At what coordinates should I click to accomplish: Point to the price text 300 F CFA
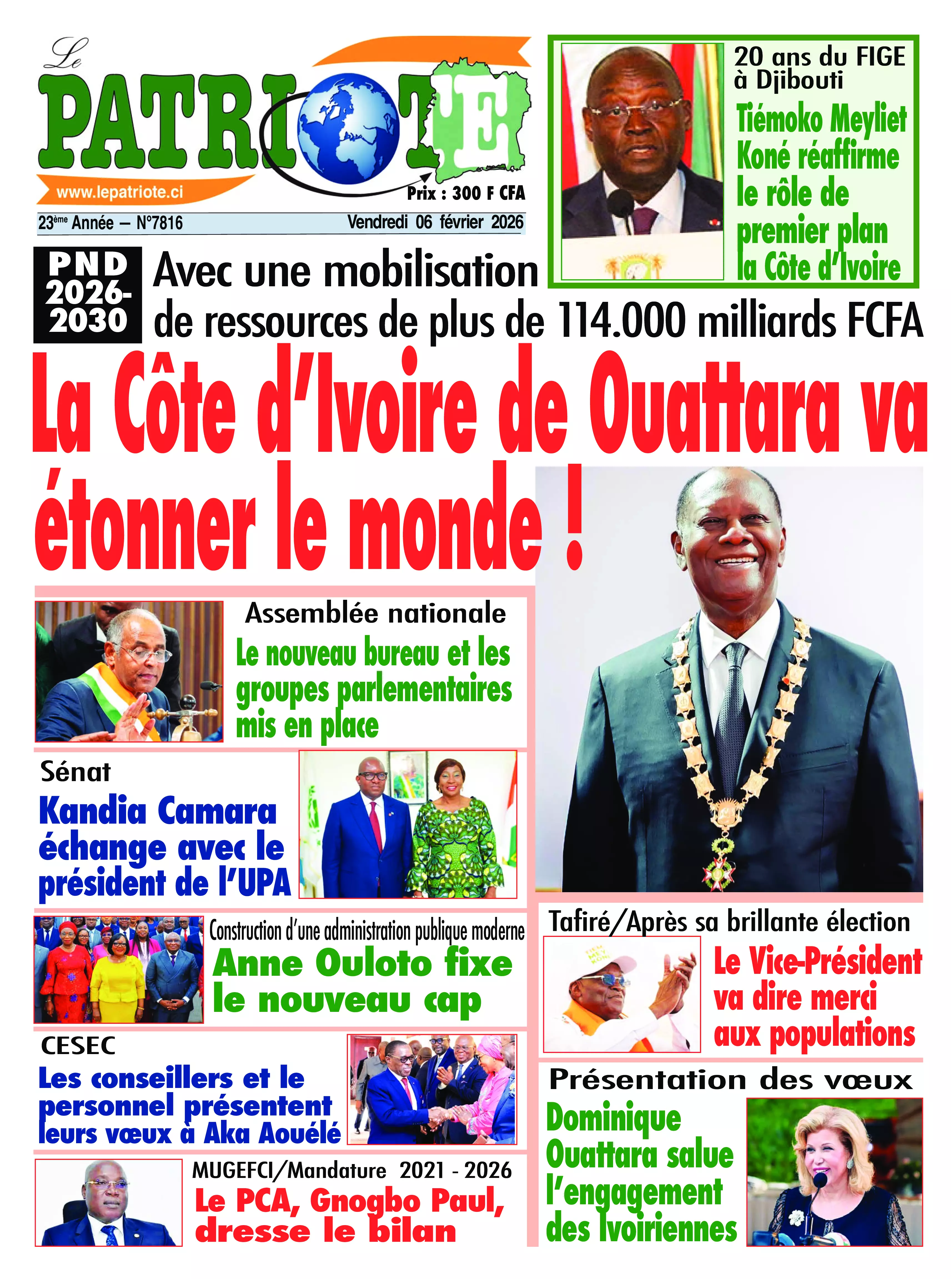pos(488,193)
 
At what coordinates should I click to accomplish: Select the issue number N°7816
pos(159,223)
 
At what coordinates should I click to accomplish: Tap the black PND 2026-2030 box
pos(87,294)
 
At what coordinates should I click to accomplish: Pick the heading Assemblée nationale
pos(375,614)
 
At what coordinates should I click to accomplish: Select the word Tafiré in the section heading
pos(579,922)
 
